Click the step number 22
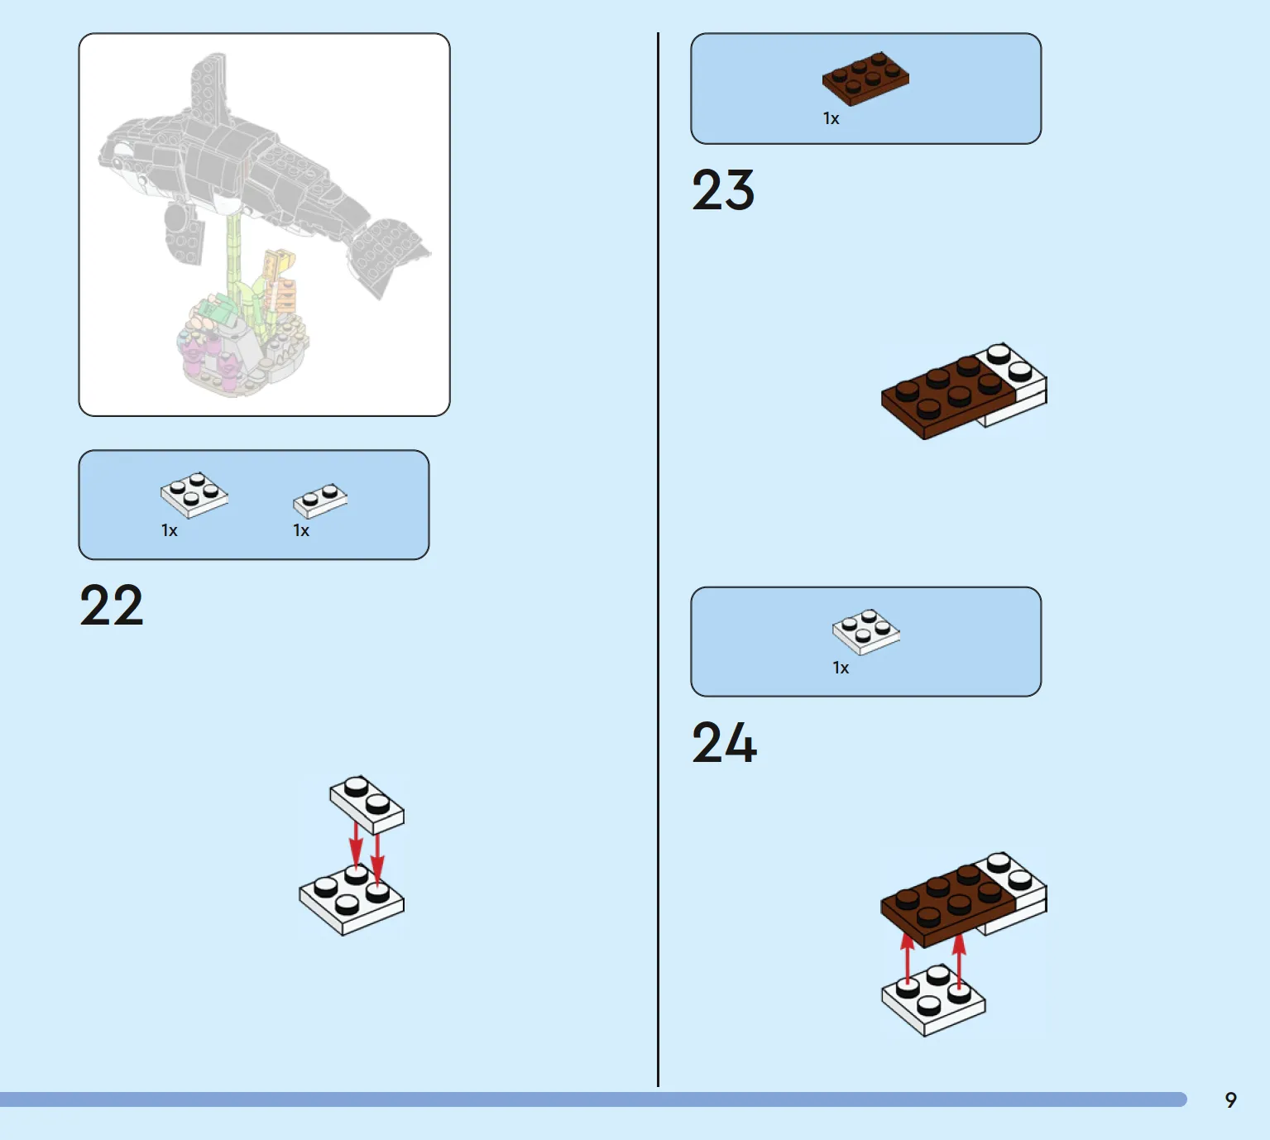(x=112, y=605)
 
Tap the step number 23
(x=723, y=190)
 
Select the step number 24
(x=724, y=743)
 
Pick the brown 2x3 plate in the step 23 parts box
(x=865, y=79)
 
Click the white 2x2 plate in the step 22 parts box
(x=194, y=495)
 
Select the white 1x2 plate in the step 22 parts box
(x=320, y=501)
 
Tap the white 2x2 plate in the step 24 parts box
(x=865, y=632)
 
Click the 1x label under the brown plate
(x=831, y=118)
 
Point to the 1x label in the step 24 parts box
(x=841, y=668)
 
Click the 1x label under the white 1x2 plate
(x=301, y=531)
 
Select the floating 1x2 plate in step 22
(x=367, y=805)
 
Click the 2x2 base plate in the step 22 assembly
(x=352, y=901)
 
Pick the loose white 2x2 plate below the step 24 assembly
(x=933, y=999)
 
